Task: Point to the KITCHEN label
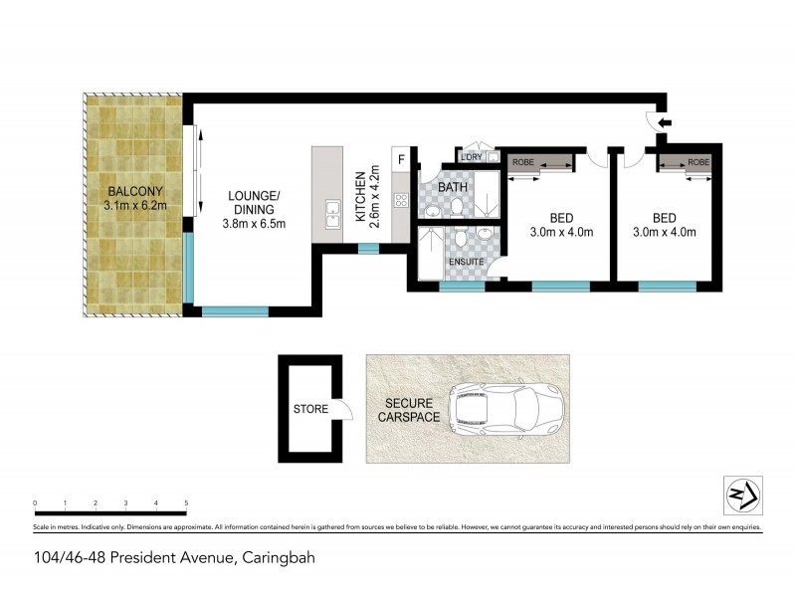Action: [360, 196]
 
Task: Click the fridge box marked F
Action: [402, 159]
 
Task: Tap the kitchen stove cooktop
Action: [402, 200]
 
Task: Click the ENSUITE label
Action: [466, 262]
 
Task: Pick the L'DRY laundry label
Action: [471, 156]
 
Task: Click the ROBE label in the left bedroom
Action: [523, 161]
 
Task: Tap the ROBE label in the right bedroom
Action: [698, 161]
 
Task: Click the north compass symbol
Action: [737, 495]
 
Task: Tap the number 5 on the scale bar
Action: [186, 503]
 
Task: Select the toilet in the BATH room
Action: [455, 206]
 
